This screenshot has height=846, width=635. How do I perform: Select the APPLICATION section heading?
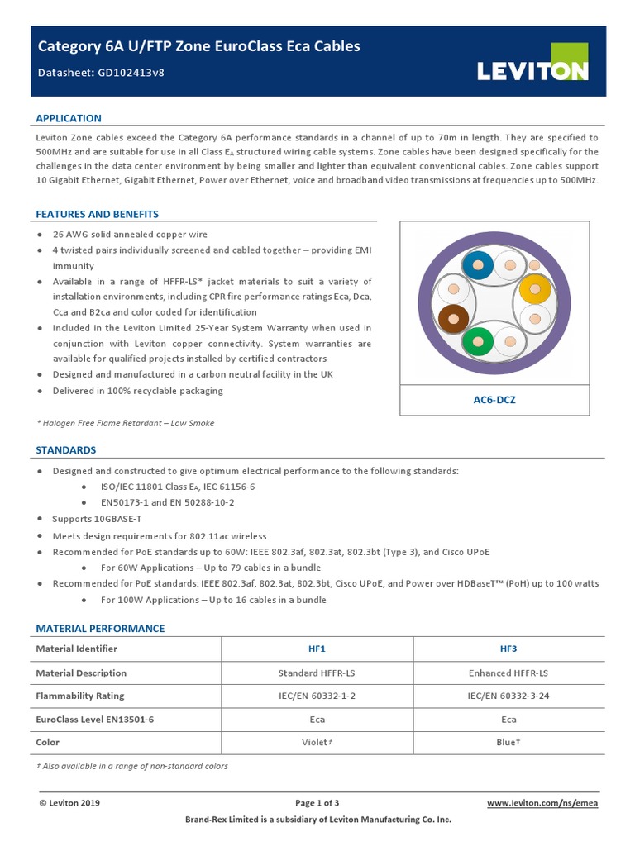(x=69, y=118)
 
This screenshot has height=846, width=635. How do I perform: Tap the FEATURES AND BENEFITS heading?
(x=97, y=214)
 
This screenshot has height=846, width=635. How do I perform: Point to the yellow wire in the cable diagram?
(x=534, y=289)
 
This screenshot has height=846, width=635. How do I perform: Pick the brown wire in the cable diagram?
(x=452, y=317)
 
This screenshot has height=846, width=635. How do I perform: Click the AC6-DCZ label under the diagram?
(x=494, y=399)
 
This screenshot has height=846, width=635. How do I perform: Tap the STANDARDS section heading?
(x=65, y=450)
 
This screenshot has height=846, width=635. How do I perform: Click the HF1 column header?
(x=317, y=649)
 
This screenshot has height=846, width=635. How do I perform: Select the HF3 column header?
(x=508, y=649)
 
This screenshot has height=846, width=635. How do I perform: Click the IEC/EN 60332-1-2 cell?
(x=317, y=696)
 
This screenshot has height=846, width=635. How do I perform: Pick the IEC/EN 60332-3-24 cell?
(x=508, y=696)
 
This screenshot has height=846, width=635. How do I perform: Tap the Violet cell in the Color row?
(x=317, y=743)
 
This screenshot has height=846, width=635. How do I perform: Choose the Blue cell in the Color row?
(x=508, y=743)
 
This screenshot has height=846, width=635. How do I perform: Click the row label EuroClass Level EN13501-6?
(x=94, y=720)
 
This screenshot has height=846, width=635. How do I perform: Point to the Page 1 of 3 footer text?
(x=317, y=803)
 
